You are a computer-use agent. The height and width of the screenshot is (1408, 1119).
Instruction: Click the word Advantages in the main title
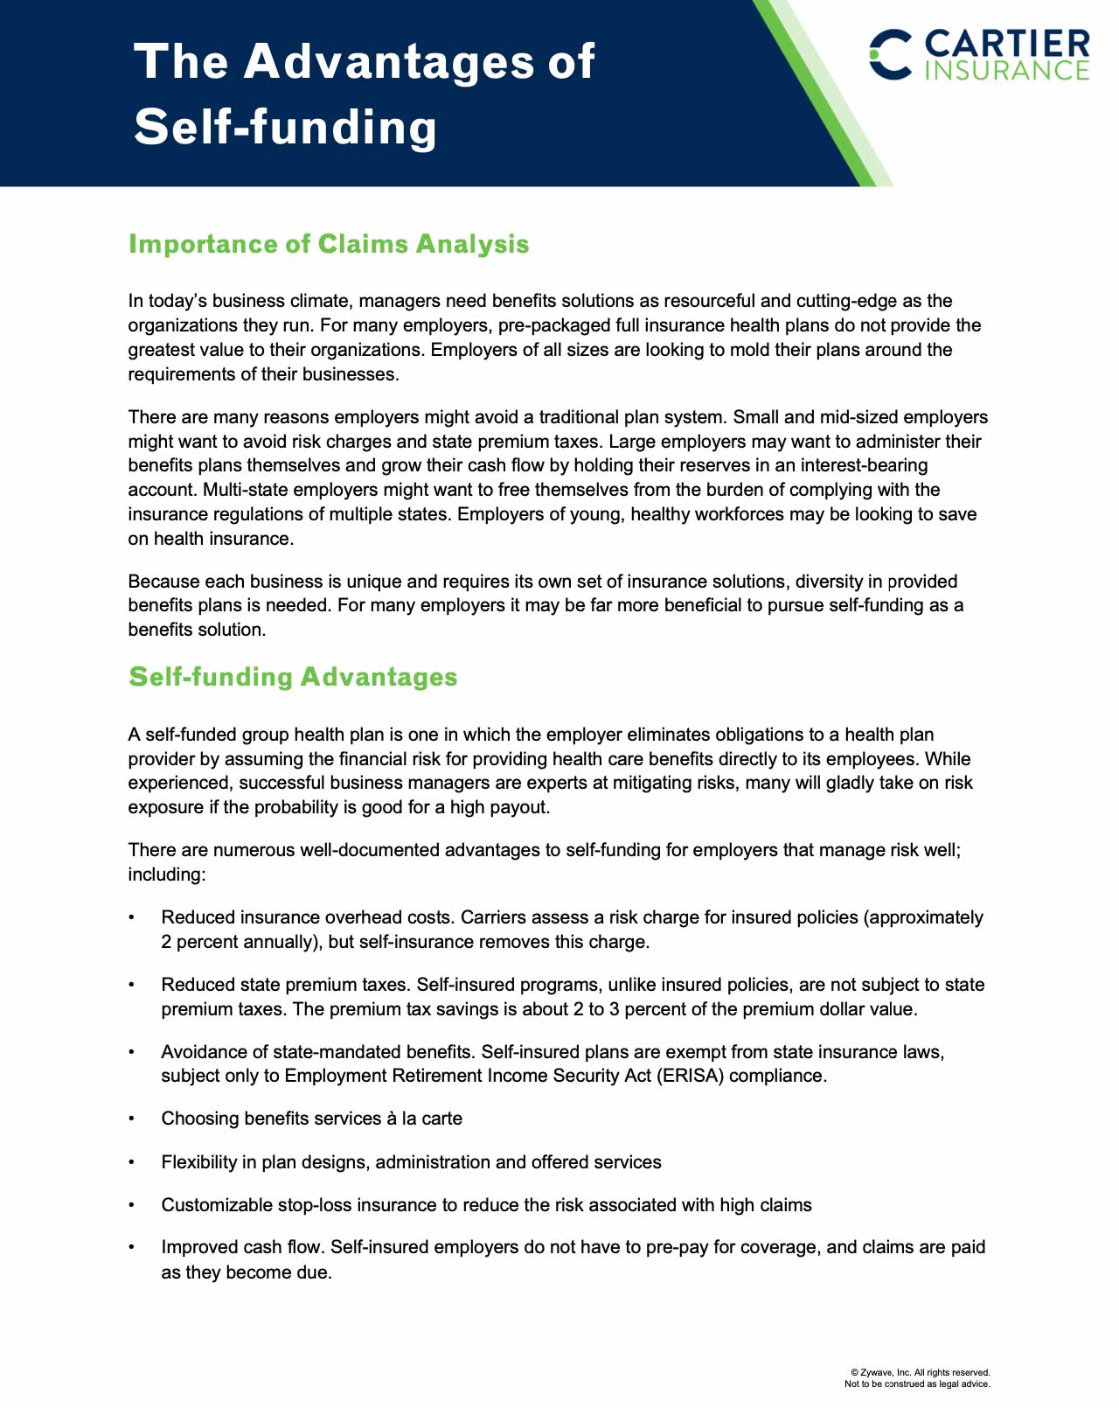click(x=389, y=61)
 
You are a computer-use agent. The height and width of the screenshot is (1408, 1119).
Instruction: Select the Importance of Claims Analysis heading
click(x=329, y=244)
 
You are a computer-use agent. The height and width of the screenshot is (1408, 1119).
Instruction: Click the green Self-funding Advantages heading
click(x=293, y=677)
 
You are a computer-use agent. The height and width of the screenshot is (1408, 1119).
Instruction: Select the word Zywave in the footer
click(x=877, y=1373)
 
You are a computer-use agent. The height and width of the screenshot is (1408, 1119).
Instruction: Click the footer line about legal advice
click(x=917, y=1384)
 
